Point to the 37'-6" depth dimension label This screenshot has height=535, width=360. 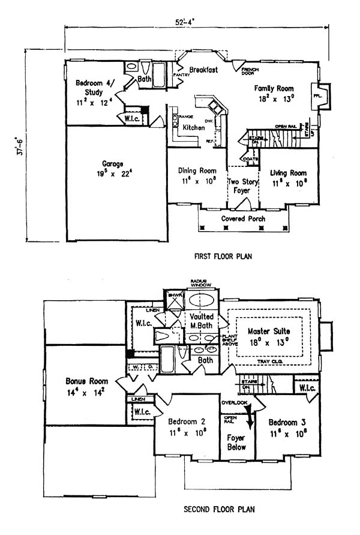click(x=21, y=145)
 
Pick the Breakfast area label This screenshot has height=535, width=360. click(x=203, y=70)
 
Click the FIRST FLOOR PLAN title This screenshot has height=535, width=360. click(x=223, y=256)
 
